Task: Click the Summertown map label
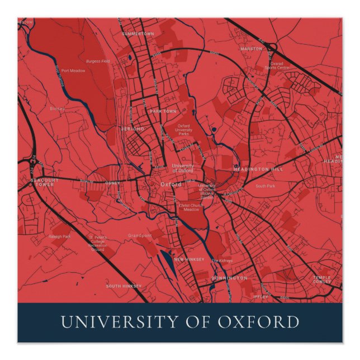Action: (x=138, y=34)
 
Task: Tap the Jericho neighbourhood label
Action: (x=132, y=129)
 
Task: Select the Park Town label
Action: (x=163, y=112)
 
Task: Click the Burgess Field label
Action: (x=98, y=61)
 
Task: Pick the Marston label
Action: (x=251, y=49)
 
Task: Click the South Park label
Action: (x=265, y=186)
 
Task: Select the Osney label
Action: (x=112, y=183)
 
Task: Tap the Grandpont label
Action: (x=139, y=235)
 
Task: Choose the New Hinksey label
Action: (x=189, y=259)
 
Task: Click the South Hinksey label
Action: (x=124, y=286)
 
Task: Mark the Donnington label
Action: (x=229, y=278)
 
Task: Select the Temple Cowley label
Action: (x=321, y=280)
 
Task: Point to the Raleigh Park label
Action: (x=60, y=236)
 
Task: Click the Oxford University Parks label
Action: (x=184, y=130)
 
